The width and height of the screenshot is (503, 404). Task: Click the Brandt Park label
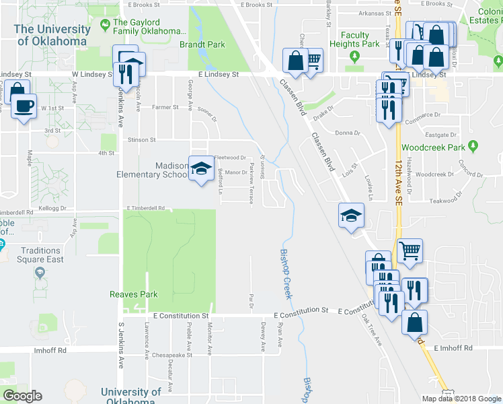[x=202, y=45]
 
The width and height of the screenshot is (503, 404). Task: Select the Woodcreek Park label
[x=433, y=147]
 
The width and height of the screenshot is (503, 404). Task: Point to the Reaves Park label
[x=134, y=294]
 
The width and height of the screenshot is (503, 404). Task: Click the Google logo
[x=22, y=396]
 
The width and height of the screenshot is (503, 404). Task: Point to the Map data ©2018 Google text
[x=461, y=399]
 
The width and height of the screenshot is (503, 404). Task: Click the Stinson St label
[x=141, y=140]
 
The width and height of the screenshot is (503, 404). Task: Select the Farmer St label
[x=165, y=107]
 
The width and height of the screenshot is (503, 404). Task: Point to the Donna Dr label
[x=348, y=133]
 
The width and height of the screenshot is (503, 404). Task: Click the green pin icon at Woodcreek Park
[x=473, y=145]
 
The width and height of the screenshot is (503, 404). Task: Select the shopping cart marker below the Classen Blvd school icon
[x=410, y=250]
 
